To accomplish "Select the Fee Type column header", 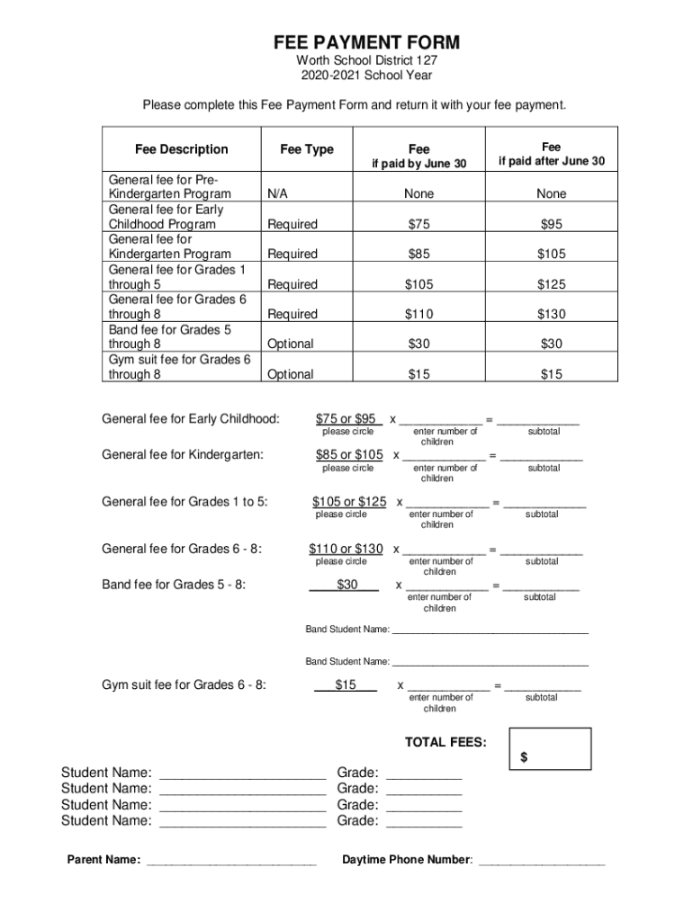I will tap(306, 149).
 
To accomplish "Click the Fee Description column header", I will tap(182, 149).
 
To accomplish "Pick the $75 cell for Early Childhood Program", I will tap(418, 224).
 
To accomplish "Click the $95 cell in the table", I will tap(552, 224).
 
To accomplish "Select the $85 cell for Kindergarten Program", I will tap(418, 254).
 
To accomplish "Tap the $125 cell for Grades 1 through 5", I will tap(552, 284).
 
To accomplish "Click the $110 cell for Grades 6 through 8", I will tap(418, 314).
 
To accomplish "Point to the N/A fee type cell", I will tap(277, 193).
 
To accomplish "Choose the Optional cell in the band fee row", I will tap(290, 344).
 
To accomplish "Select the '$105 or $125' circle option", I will tap(349, 502).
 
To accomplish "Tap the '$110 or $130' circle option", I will tap(346, 549).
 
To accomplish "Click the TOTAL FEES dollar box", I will tap(551, 749).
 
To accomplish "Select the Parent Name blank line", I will tap(231, 861).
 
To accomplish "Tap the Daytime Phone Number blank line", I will tap(542, 861).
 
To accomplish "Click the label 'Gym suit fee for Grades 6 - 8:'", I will tap(184, 685).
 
